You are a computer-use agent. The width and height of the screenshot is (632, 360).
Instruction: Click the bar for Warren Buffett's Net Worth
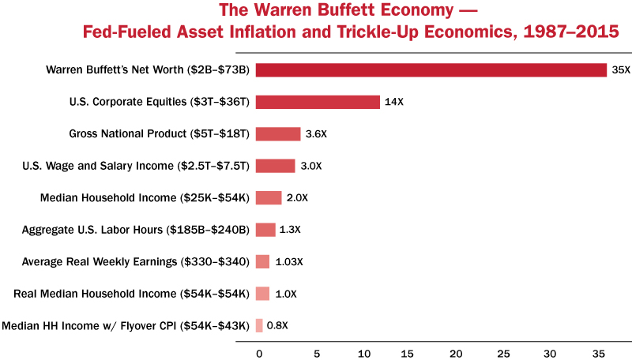(431, 70)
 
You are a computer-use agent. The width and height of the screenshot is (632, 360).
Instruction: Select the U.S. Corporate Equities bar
(318, 102)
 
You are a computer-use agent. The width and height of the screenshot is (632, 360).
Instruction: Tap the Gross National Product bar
(278, 134)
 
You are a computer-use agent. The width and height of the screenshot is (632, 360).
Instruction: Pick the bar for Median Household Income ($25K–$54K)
(269, 198)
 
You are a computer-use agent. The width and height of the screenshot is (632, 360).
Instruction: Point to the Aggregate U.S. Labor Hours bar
(265, 230)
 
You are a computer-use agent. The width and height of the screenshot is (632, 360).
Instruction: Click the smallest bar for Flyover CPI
(259, 325)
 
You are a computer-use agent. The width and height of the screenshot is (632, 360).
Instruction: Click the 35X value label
(620, 70)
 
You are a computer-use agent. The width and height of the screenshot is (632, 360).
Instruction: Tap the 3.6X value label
(316, 134)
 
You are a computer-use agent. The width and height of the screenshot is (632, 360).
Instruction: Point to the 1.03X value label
(289, 261)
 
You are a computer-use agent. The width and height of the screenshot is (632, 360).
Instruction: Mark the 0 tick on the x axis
(258, 352)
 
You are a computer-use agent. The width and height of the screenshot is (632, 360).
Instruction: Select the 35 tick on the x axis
(599, 352)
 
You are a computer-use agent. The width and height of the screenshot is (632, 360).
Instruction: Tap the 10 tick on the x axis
(363, 352)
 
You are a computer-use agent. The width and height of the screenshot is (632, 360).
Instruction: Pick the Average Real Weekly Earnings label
(136, 261)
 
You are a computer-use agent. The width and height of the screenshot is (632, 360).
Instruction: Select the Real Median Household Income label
(132, 294)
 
